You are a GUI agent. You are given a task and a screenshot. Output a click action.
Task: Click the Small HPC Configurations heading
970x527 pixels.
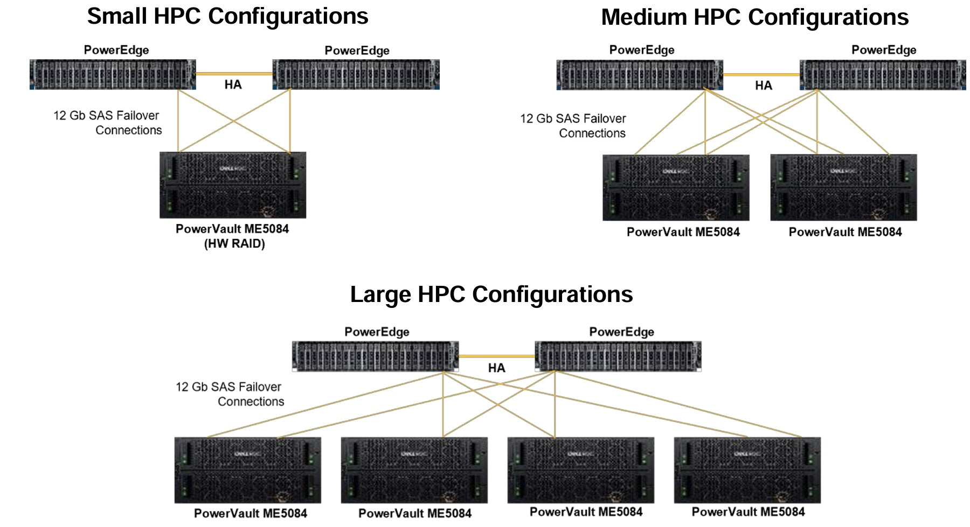coord(227,16)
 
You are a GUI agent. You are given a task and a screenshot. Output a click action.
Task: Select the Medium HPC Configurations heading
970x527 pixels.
coord(754,17)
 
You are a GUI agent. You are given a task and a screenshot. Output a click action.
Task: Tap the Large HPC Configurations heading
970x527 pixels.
coord(491,294)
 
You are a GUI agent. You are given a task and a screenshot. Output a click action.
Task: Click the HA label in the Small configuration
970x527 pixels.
coord(233,85)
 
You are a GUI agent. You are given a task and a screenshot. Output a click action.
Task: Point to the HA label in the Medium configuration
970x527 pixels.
coord(763,86)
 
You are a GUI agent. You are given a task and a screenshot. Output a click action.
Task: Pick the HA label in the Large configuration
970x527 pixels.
coord(496,368)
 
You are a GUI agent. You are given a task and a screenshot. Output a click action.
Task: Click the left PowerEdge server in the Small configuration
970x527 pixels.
coord(113,74)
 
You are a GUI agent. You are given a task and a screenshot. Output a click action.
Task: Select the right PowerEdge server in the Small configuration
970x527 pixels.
coord(356,74)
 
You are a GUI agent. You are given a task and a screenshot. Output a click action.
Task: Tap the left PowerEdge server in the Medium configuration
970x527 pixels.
coord(639,75)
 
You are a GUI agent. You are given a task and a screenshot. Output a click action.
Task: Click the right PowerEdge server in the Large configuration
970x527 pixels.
coord(618,356)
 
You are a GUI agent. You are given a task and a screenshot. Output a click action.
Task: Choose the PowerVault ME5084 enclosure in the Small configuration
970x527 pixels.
coord(233,185)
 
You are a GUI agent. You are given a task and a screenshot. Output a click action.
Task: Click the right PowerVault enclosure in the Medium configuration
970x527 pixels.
coord(843,188)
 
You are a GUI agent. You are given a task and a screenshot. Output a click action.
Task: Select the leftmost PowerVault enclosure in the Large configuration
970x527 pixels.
coord(247,470)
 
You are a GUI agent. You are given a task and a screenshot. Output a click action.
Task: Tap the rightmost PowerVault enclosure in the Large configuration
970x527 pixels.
coord(747,470)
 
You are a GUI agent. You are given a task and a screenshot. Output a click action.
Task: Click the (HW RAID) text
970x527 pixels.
coord(234,244)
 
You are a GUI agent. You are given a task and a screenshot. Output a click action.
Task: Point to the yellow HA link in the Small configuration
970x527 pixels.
coord(234,74)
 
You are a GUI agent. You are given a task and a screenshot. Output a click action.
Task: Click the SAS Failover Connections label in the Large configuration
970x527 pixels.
coord(230,394)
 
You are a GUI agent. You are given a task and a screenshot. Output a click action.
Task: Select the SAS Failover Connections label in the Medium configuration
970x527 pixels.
coord(573,126)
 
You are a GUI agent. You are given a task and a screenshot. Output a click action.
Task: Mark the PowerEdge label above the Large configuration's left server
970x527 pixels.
coord(377,332)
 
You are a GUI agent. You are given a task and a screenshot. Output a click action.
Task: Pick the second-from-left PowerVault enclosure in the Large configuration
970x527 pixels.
coord(414,470)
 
